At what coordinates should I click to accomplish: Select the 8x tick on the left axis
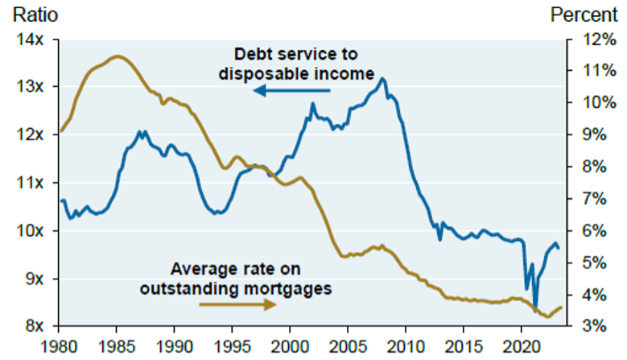click(x=31, y=326)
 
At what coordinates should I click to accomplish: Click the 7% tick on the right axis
click(x=592, y=199)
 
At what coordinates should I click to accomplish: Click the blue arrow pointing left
click(x=291, y=90)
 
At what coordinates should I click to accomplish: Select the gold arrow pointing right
click(x=237, y=304)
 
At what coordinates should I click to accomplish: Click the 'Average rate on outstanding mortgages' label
click(x=235, y=277)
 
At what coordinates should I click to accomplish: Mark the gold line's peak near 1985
click(x=117, y=56)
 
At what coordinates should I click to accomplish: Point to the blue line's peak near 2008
click(x=382, y=79)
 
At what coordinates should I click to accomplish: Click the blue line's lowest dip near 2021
click(x=535, y=307)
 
